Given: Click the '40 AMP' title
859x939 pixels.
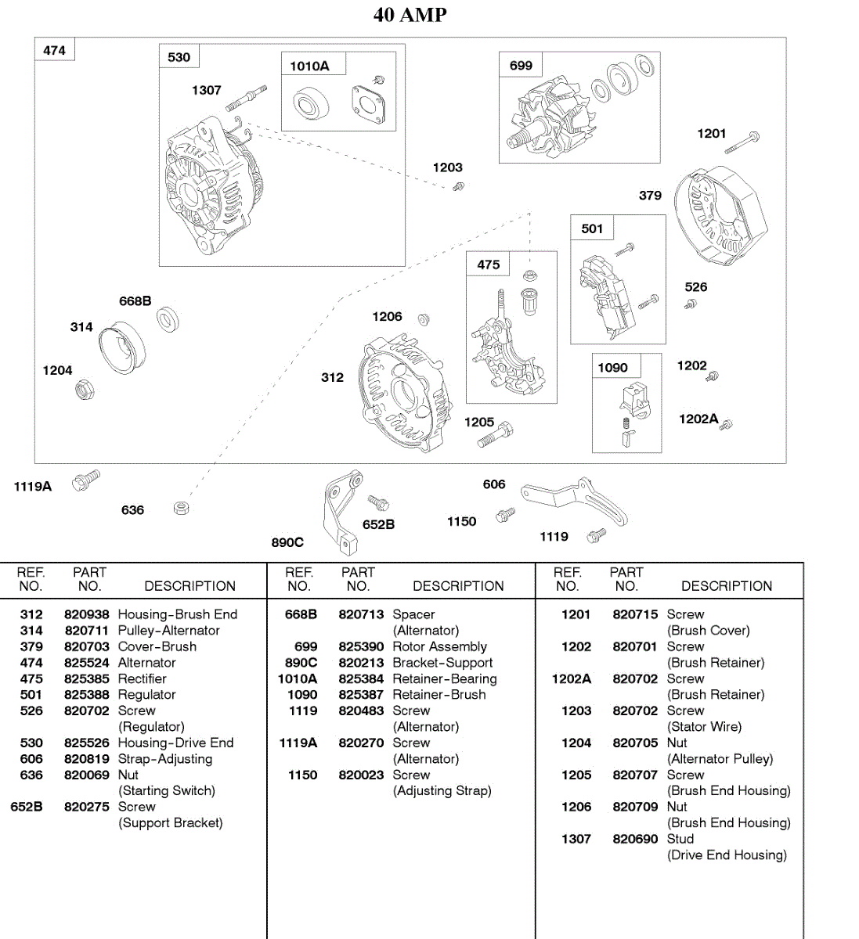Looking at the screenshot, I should pyautogui.click(x=410, y=15).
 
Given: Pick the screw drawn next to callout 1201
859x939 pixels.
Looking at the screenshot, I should pyautogui.click(x=742, y=142).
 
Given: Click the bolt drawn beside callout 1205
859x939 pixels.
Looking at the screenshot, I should pyautogui.click(x=496, y=434).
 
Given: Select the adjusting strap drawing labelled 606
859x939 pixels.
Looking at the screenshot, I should pyautogui.click(x=576, y=502).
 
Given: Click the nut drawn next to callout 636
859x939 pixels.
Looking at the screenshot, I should pyautogui.click(x=181, y=509).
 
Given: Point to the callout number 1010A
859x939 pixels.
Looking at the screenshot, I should pyautogui.click(x=309, y=66).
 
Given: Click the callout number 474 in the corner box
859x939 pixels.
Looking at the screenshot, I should pyautogui.click(x=54, y=50).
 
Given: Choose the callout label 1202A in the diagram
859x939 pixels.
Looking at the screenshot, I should pyautogui.click(x=698, y=419).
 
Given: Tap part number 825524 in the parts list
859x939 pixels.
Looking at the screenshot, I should pyautogui.click(x=86, y=663).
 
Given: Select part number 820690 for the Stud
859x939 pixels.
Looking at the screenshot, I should pyautogui.click(x=635, y=839).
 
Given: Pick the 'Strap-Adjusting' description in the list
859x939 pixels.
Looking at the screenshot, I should pyautogui.click(x=164, y=759).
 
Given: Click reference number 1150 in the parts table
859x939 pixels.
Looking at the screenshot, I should pyautogui.click(x=302, y=775).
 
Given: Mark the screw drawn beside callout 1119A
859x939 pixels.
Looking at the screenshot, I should pyautogui.click(x=85, y=479).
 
